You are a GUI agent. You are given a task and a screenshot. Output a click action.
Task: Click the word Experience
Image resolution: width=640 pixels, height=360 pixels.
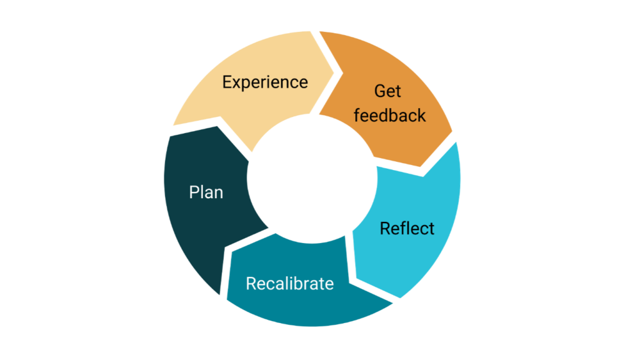265,82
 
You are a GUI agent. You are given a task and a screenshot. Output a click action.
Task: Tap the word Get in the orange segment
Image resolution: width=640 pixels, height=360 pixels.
387,91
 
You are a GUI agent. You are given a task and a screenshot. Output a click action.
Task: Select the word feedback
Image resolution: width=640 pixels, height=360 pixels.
389,116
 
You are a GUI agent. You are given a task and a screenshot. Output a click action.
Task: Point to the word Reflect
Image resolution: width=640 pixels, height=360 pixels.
407,229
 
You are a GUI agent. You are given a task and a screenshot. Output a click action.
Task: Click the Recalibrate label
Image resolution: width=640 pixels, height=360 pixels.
289,284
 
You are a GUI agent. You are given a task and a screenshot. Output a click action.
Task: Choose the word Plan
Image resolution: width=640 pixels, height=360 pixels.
206,192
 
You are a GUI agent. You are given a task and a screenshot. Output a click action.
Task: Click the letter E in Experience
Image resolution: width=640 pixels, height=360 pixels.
227,82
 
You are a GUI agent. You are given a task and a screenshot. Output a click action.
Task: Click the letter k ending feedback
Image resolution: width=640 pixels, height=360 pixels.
422,116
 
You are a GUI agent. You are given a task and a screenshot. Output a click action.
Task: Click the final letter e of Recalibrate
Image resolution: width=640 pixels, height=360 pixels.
330,284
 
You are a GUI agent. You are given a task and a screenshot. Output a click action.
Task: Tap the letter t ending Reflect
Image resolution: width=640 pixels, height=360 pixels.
431,229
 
